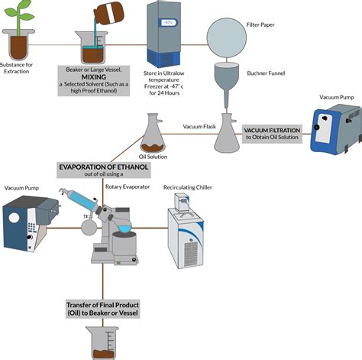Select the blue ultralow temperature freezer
point(164,35)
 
